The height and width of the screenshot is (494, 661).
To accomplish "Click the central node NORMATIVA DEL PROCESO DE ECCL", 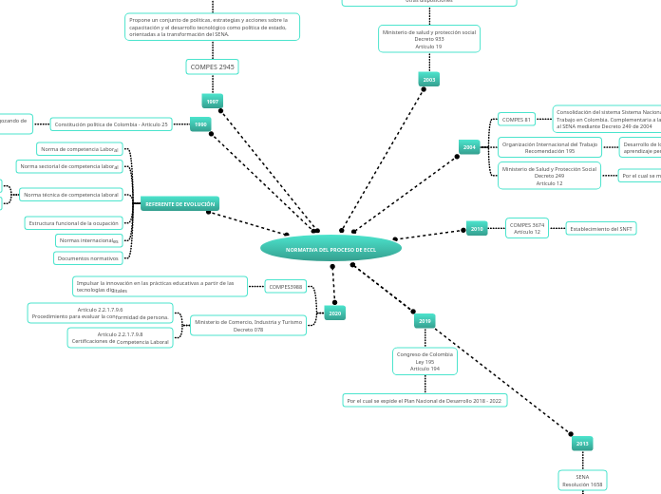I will [x=330, y=248].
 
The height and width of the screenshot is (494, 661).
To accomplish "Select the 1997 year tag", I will [x=213, y=101].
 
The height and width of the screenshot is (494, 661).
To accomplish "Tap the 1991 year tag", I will [x=200, y=124].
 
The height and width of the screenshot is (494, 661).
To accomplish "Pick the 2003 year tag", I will [x=429, y=80].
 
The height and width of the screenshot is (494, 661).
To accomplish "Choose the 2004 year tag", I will [x=469, y=147].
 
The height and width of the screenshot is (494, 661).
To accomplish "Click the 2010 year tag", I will [x=477, y=228].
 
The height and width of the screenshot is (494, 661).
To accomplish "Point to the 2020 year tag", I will [x=334, y=313].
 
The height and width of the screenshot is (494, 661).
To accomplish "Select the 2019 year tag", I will [x=425, y=321].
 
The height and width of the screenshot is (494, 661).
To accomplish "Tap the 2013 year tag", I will [x=582, y=443].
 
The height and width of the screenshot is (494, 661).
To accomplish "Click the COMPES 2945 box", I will [x=213, y=66].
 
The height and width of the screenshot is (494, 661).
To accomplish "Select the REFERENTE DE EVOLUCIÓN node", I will [x=179, y=203].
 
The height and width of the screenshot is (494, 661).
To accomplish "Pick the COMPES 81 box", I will [x=517, y=120].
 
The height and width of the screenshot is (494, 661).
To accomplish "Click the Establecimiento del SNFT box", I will [x=601, y=228].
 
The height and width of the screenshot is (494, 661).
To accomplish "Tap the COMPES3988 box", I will [x=286, y=286].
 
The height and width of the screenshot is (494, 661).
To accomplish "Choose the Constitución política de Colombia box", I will [x=111, y=124].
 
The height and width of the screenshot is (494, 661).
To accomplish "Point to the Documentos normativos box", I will [x=88, y=258].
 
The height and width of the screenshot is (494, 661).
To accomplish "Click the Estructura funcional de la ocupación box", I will [x=74, y=223].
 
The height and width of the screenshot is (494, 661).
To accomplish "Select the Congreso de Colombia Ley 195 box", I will [x=425, y=361].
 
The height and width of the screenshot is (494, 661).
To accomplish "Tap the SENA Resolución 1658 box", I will [x=582, y=481].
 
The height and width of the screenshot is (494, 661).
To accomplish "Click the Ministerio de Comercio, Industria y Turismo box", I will [x=249, y=326].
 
